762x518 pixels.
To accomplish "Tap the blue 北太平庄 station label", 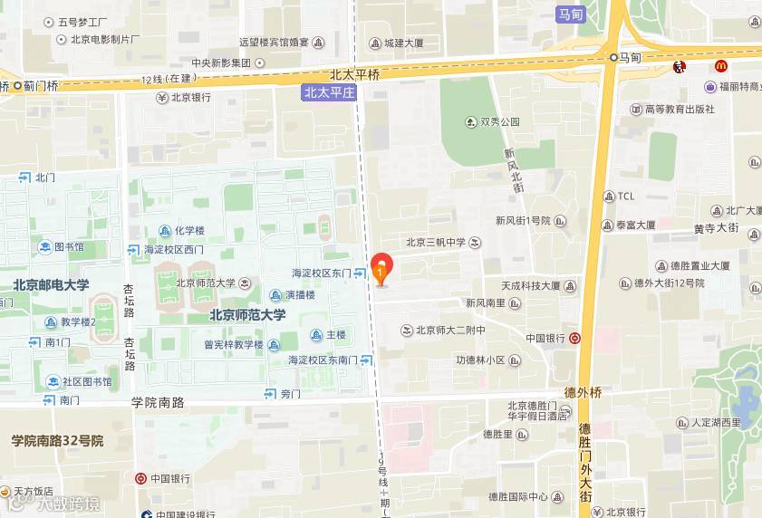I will (329, 92).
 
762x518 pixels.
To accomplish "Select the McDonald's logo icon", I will (721, 66).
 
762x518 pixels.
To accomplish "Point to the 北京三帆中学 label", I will (436, 242).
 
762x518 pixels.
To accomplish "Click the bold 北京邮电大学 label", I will (51, 285).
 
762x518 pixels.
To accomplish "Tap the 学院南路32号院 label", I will (58, 441).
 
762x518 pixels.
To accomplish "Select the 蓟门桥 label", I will (40, 86).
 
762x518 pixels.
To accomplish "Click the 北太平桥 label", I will (354, 75).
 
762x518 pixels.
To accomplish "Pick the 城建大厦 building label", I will (403, 43).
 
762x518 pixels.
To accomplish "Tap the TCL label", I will (626, 197).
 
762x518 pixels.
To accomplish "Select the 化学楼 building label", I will (189, 230).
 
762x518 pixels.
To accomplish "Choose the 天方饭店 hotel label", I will (39, 491).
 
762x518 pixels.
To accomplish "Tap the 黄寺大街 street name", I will (718, 228).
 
